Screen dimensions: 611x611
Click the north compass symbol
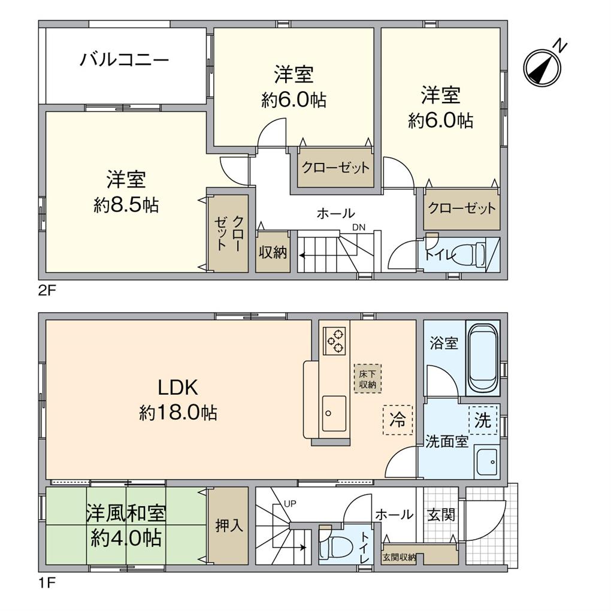pos(543,66)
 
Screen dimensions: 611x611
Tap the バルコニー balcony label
pos(125,60)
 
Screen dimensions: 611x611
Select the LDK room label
pos(178,388)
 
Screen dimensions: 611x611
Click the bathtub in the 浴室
pos(482,358)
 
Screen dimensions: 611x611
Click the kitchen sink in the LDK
pos(334,413)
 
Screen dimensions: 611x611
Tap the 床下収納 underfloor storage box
pos(367,379)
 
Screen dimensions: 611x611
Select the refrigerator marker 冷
pos(398,419)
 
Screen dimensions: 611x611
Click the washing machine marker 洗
pos(483,421)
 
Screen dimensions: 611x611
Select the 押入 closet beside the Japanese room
pos(228,526)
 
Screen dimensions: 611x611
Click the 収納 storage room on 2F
pos(273,252)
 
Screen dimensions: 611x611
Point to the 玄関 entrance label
pos(441,515)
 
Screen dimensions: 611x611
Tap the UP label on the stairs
pos(291,503)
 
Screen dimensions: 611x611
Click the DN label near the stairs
pos(358,227)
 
